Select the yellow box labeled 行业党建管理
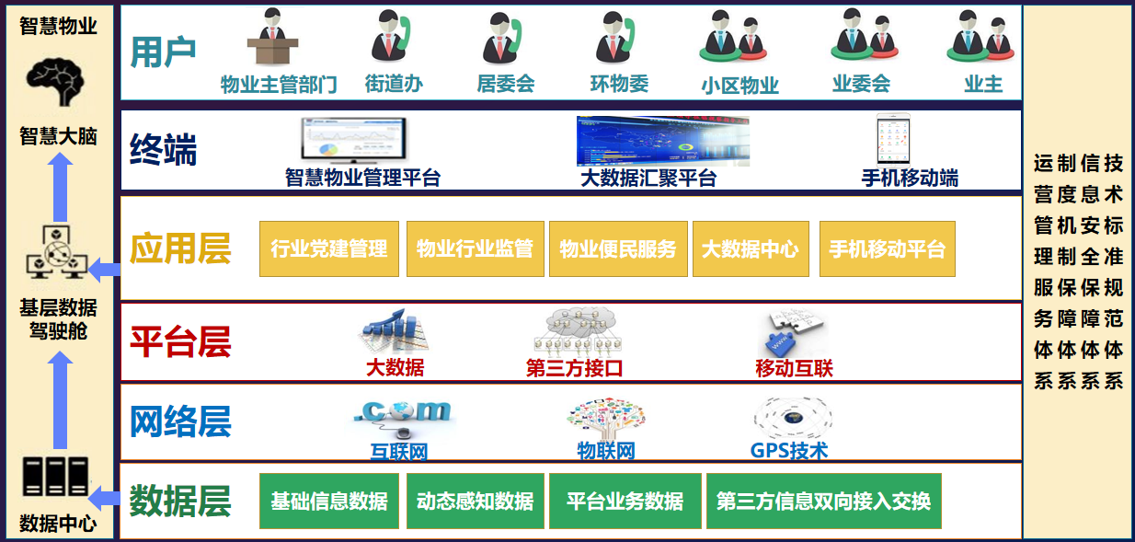pos(329,248)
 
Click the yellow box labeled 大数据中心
pos(751,248)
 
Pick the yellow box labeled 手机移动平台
pos(887,248)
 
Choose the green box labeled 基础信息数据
pos(329,502)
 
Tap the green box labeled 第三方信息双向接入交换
pos(823,502)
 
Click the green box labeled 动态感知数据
pos(475,502)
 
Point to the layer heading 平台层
pos(180,342)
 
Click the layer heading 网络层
pos(180,421)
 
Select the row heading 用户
pos(164,52)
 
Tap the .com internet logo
pos(402,414)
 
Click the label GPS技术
pos(789,451)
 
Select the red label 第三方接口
pos(574,369)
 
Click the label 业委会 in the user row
pos(861,84)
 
